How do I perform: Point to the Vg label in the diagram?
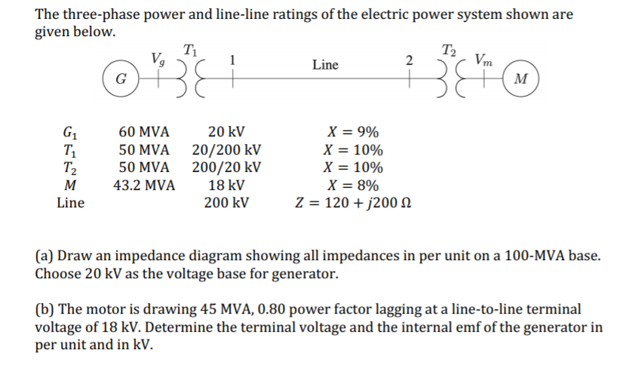pyautogui.click(x=158, y=57)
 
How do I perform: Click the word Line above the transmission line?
pyautogui.click(x=325, y=65)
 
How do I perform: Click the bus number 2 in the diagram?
pyautogui.click(x=408, y=60)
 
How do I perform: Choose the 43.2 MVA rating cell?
pyautogui.click(x=144, y=186)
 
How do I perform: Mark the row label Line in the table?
pyautogui.click(x=71, y=204)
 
